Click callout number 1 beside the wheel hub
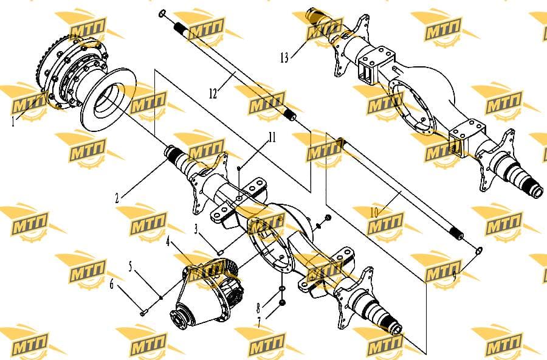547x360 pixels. point(13,122)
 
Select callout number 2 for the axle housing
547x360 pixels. point(117,198)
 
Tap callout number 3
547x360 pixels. point(196,229)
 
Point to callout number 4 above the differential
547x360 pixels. point(168,241)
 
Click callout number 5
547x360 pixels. point(131,267)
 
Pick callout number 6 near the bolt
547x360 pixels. point(112,284)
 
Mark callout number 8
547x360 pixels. point(258,308)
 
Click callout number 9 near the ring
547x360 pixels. point(454,277)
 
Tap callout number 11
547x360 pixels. point(272,137)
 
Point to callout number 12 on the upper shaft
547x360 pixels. point(213,94)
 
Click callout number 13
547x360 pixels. point(284,58)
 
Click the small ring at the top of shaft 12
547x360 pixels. point(162,14)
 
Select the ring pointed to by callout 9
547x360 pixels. point(480,251)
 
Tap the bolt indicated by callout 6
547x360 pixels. point(143,313)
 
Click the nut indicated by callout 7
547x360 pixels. point(283,302)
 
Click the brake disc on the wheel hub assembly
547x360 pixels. point(108,100)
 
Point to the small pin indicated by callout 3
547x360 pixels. point(220,252)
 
